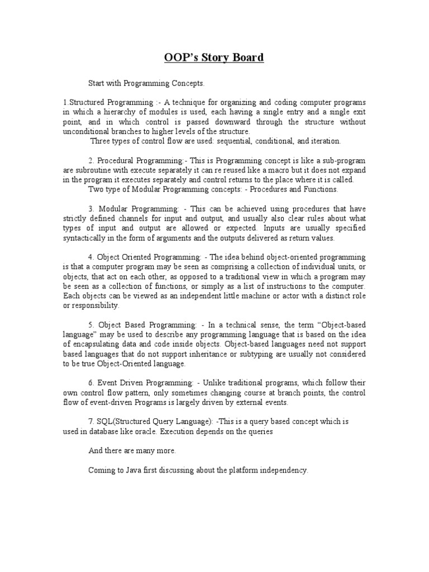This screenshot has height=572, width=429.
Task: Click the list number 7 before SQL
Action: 90,421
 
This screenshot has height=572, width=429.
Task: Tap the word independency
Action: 282,470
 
